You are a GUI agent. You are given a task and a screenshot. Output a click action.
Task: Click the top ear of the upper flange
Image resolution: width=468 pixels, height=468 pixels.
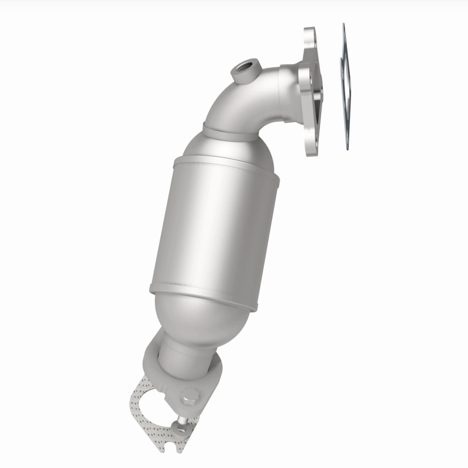click(x=309, y=36)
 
